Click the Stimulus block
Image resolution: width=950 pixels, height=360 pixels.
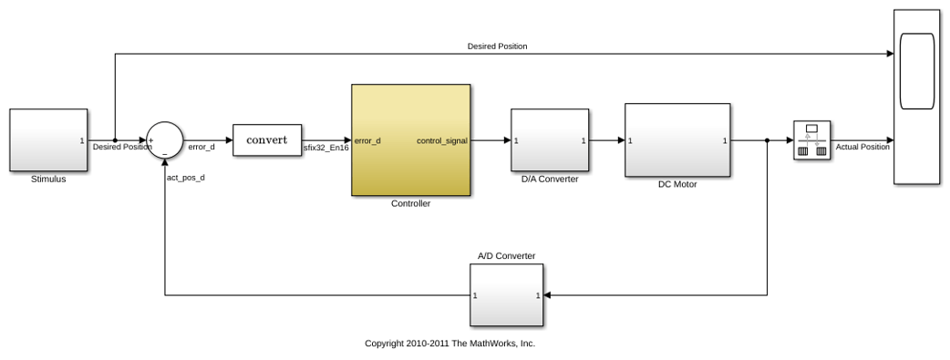click(x=48, y=140)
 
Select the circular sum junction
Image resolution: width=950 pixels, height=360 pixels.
click(x=165, y=140)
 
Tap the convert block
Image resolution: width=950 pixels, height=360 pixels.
click(x=267, y=140)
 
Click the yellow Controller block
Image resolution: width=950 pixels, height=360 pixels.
click(x=411, y=140)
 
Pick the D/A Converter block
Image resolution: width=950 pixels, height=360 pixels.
click(x=550, y=140)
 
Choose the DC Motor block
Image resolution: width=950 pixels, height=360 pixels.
click(x=677, y=140)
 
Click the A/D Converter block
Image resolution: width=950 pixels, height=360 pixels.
click(x=507, y=295)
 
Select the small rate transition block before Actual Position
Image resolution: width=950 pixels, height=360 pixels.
click(x=811, y=140)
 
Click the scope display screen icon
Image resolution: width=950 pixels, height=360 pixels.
click(x=917, y=71)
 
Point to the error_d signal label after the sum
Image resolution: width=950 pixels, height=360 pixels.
click(x=201, y=147)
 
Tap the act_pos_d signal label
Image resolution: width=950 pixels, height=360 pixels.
click(x=185, y=179)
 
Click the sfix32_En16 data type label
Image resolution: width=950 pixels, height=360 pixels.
click(x=326, y=147)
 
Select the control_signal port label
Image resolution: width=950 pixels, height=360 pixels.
click(x=442, y=141)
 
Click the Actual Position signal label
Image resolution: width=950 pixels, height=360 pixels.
click(x=862, y=147)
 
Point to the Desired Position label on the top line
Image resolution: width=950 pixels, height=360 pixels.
click(x=498, y=46)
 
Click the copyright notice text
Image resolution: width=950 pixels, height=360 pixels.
click(x=450, y=343)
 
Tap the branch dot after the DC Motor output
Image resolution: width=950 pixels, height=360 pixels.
click(x=767, y=140)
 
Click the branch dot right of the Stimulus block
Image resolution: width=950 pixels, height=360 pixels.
click(x=115, y=140)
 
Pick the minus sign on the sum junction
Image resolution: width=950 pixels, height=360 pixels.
click(x=165, y=154)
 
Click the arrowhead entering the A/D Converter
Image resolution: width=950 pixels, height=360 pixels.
click(x=547, y=295)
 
